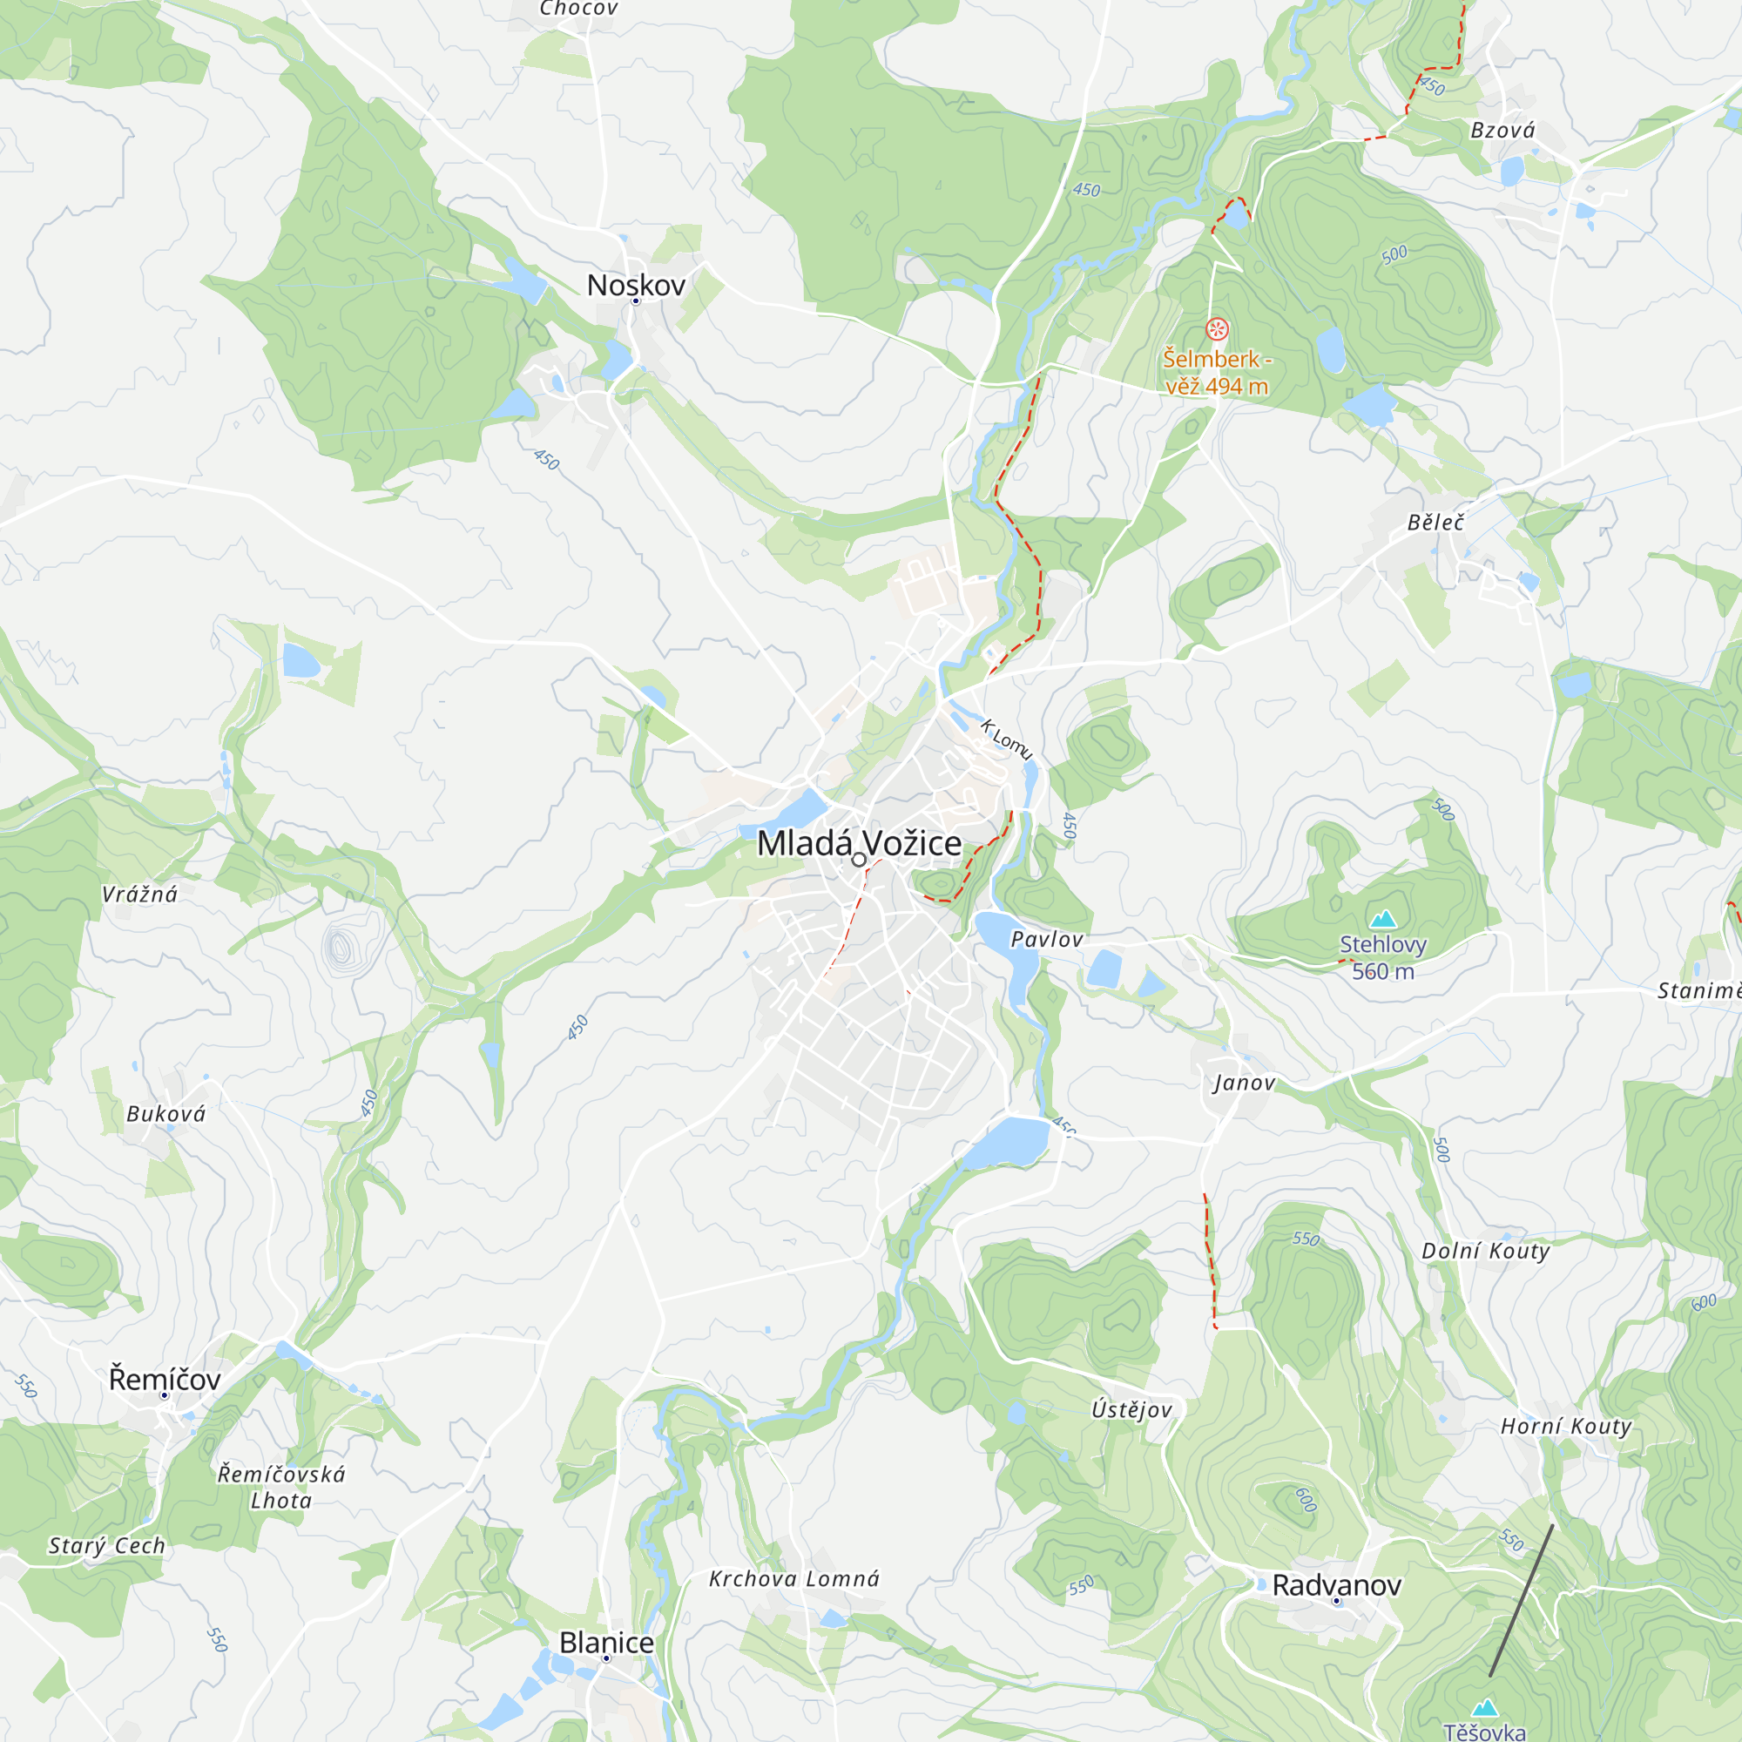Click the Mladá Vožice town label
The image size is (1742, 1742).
[859, 843]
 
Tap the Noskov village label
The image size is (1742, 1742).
[636, 285]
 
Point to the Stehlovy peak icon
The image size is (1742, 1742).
[1383, 920]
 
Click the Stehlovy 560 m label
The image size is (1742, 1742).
[1383, 957]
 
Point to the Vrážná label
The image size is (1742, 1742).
[139, 895]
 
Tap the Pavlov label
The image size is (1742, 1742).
[1046, 940]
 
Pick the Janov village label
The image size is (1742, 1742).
[1245, 1083]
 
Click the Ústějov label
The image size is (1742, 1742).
[1131, 1410]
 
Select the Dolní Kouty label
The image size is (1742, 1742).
[1486, 1251]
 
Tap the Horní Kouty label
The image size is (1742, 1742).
[1565, 1426]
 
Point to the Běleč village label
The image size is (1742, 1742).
[1435, 523]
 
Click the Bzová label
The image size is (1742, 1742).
[1502, 131]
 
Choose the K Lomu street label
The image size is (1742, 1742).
[1006, 739]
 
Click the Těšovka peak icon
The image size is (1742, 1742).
[1485, 1708]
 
